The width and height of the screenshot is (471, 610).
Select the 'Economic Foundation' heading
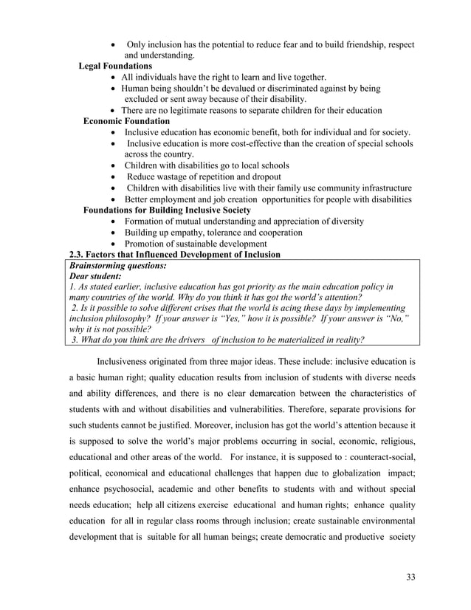click(126, 121)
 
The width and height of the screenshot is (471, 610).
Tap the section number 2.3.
click(78, 255)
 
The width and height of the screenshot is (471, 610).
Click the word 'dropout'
click(263, 177)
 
